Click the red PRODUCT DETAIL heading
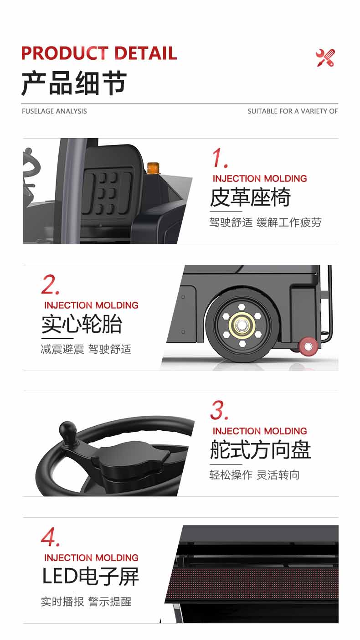tap(99, 53)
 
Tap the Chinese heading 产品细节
tap(74, 83)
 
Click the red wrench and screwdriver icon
tap(325, 58)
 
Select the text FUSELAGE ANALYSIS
tap(54, 111)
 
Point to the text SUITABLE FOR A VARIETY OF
tap(293, 111)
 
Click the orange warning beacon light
tap(153, 168)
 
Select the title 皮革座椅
tap(250, 198)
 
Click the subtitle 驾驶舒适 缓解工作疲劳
tap(265, 222)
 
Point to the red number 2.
tap(50, 285)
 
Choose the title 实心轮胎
tap(82, 324)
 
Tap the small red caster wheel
tap(309, 345)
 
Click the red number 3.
tap(219, 411)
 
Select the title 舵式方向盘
tap(260, 450)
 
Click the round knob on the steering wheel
tap(68, 429)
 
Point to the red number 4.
tap(50, 537)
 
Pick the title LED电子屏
tap(90, 576)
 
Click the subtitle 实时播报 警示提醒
tap(86, 601)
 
